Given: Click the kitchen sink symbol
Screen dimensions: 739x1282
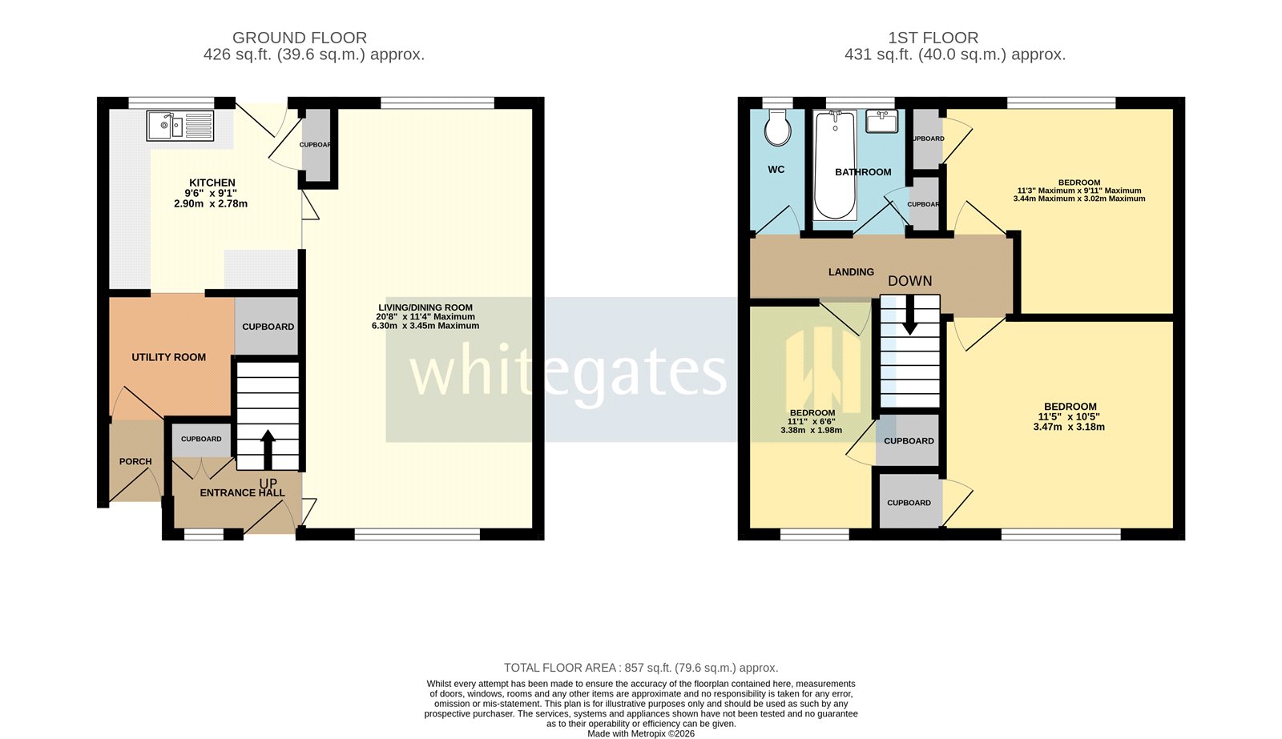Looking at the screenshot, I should (x=180, y=126).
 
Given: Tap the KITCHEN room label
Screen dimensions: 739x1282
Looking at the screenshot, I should (x=212, y=183).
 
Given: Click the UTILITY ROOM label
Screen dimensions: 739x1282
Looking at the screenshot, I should (x=169, y=357).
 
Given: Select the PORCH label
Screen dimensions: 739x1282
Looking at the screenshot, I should (x=135, y=461).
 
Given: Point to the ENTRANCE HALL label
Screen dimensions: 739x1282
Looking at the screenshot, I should (x=242, y=492).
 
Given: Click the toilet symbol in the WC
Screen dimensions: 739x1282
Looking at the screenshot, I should (x=777, y=128).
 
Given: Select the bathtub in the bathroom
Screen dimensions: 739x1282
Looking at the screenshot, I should (x=834, y=166).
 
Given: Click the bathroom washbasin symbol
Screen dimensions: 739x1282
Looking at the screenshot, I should (x=881, y=122).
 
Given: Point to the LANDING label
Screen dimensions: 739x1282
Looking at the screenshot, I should (x=851, y=272).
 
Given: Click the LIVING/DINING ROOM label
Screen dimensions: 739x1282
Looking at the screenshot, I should (x=425, y=307).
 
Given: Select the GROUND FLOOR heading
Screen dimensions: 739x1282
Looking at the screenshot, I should (x=300, y=38).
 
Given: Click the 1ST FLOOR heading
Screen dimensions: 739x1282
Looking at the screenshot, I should (x=933, y=38).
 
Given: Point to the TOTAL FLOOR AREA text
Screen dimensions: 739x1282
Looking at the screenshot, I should (x=640, y=668).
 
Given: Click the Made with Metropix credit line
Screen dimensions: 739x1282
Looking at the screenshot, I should (x=640, y=733).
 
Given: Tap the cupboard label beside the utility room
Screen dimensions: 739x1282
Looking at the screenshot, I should (x=268, y=327).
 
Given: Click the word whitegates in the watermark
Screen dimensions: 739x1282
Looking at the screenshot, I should (x=567, y=371).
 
